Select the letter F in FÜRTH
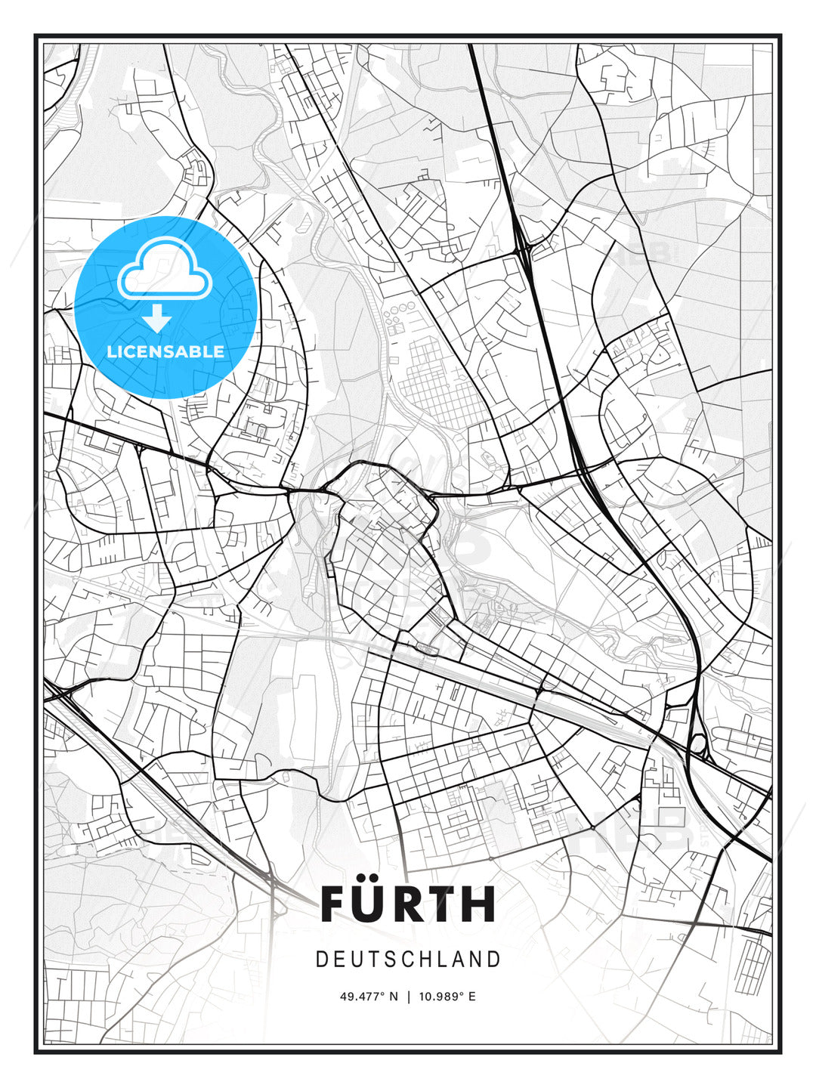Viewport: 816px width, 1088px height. tap(335, 904)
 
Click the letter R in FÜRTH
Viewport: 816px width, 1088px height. tap(418, 904)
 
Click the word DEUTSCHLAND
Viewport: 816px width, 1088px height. tap(408, 960)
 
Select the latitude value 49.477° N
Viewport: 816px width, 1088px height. tap(369, 996)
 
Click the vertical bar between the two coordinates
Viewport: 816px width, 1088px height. tap(409, 996)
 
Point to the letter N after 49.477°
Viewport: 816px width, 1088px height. tap(394, 996)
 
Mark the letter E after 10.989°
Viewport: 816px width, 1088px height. tap(472, 996)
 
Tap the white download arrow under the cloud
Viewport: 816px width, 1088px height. tap(157, 319)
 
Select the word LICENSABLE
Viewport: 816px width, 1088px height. tap(165, 351)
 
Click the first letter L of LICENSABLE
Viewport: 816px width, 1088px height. tap(111, 351)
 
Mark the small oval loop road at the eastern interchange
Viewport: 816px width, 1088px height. tap(698, 743)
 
